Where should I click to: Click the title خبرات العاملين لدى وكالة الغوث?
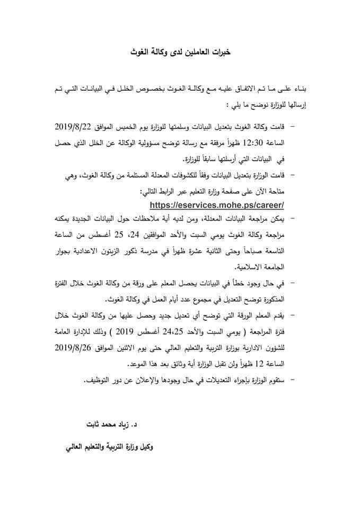tap(180, 53)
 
